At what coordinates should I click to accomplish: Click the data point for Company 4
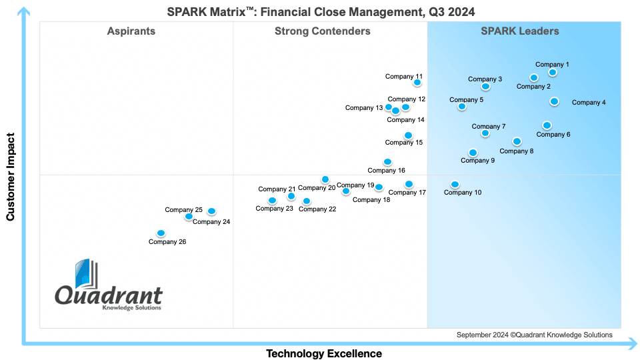554,101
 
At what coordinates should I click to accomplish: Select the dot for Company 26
161,233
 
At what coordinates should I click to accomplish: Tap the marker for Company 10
455,185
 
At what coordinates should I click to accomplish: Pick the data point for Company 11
417,83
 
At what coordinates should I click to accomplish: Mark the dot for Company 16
388,162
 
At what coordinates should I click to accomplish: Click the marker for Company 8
517,141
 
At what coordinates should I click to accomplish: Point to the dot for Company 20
325,179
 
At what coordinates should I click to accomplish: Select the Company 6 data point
547,125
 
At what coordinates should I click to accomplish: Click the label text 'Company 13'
364,108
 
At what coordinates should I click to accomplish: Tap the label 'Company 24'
211,221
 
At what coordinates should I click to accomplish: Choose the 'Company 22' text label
317,209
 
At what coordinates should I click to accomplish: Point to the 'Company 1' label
552,65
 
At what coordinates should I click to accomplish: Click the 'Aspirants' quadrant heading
131,31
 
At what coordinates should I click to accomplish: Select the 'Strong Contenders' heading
323,31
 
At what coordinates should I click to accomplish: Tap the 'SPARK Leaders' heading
519,31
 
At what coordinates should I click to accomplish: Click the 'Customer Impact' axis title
10,177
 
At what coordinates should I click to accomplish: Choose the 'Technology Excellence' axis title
324,353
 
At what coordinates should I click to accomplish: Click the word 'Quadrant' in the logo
109,295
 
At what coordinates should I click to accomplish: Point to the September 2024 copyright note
534,335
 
